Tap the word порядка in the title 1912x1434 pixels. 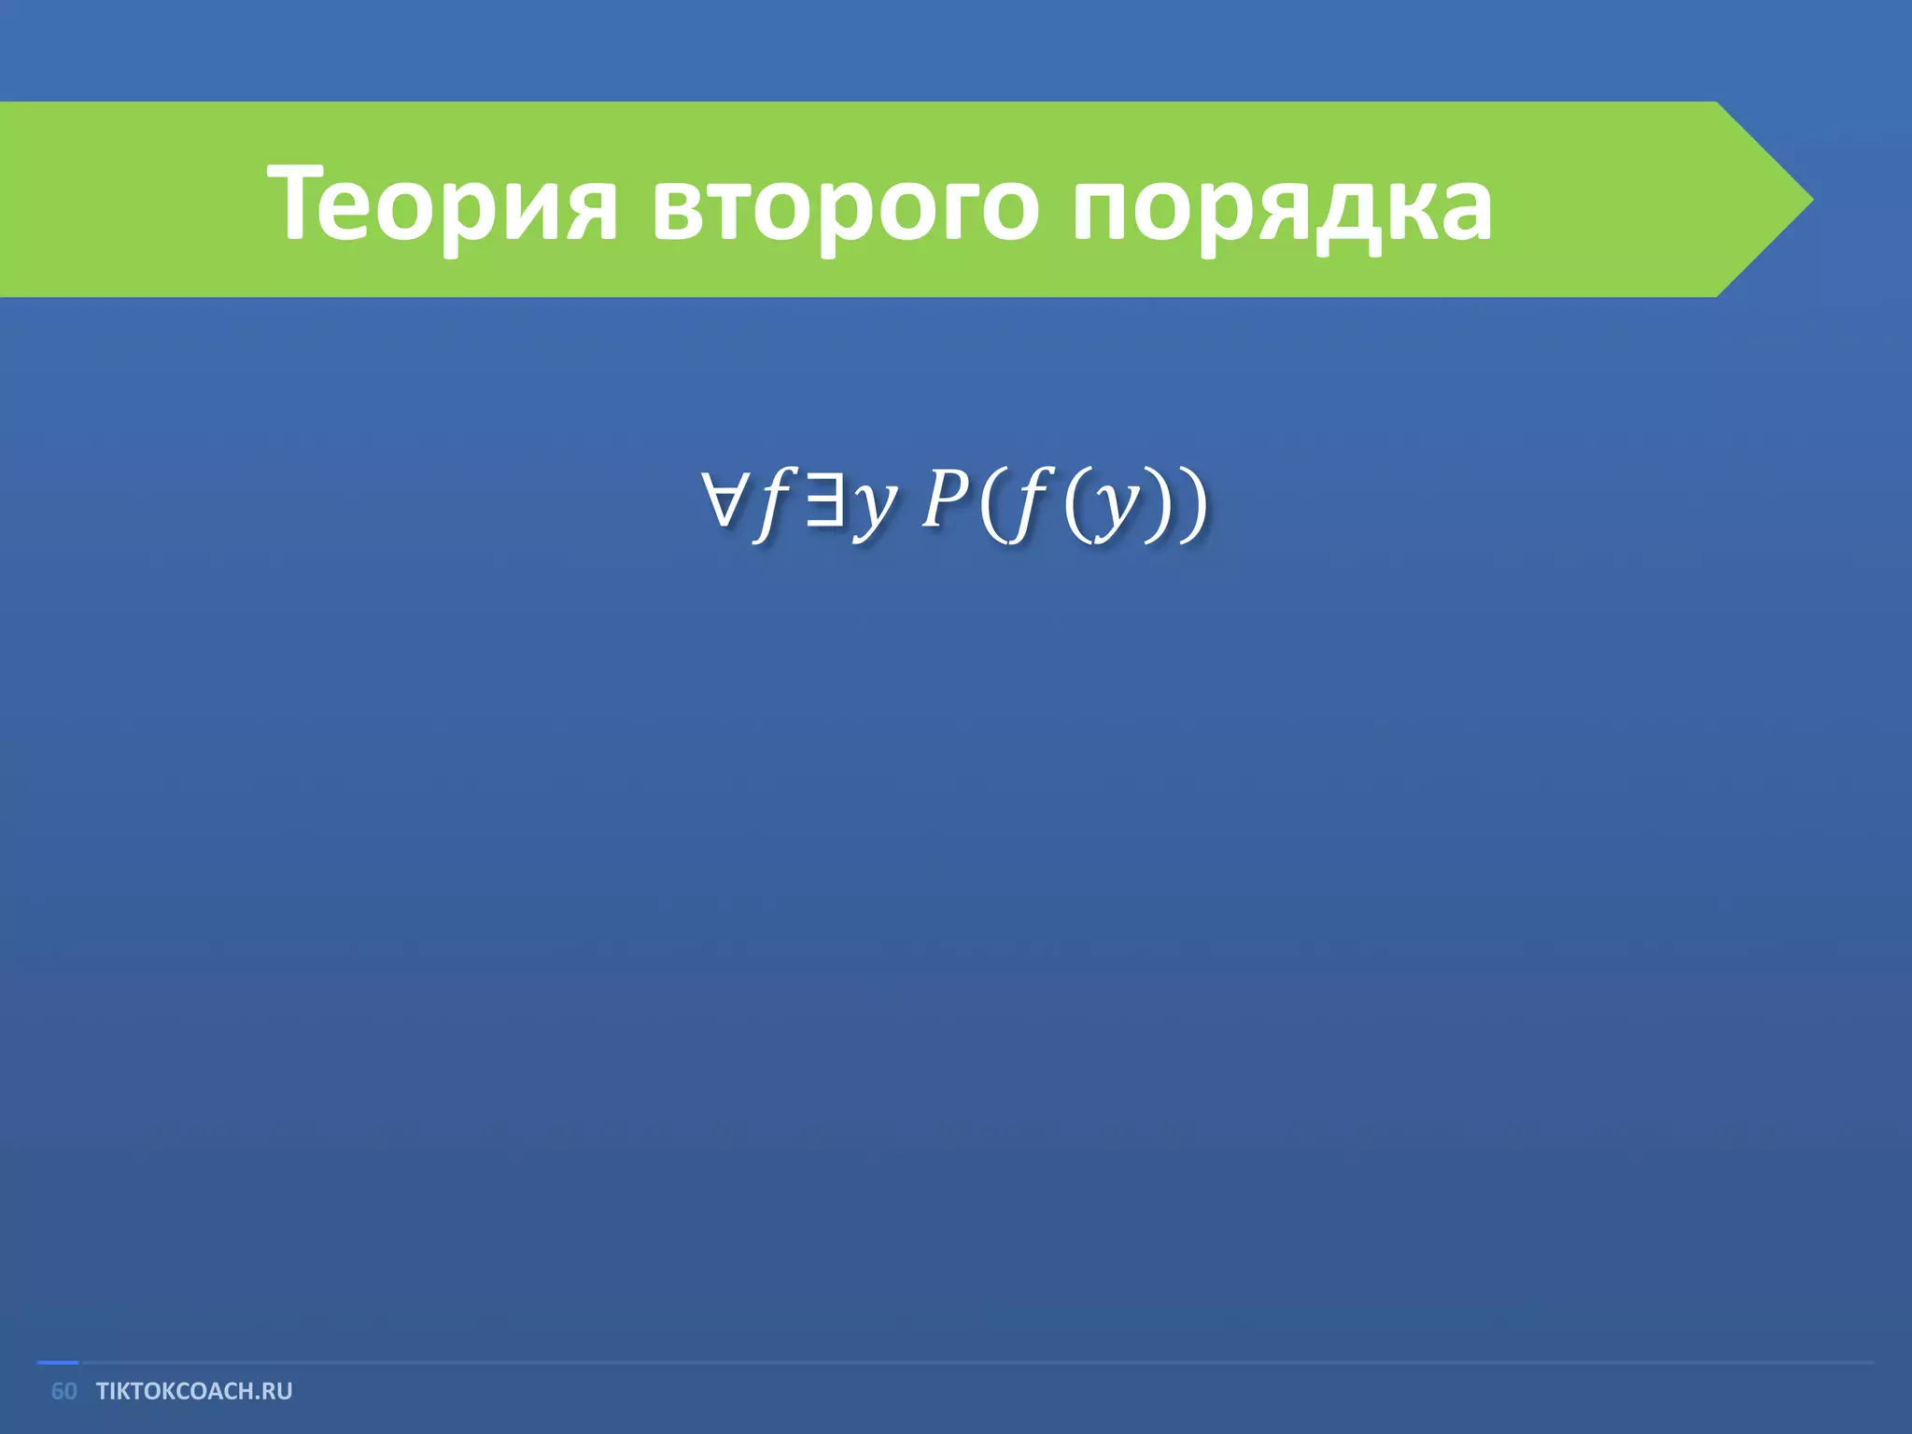tap(1281, 204)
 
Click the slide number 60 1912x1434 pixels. tap(63, 1391)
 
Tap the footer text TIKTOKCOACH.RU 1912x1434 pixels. tap(194, 1391)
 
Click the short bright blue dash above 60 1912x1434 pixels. tap(57, 1363)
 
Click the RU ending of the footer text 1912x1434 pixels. tap(277, 1391)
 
